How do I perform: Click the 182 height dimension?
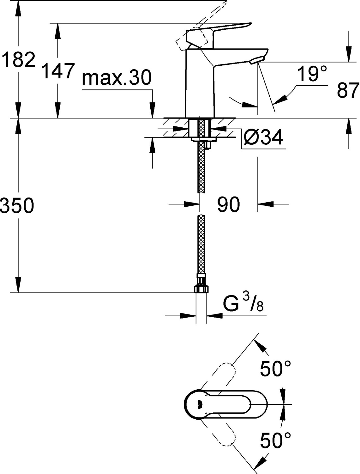18,60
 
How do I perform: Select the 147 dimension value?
58,71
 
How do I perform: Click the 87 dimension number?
348,91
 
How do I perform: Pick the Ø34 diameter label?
263,137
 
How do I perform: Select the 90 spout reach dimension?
228,204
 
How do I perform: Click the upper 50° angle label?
275,368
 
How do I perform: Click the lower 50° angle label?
275,441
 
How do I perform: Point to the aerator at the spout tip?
257,60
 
